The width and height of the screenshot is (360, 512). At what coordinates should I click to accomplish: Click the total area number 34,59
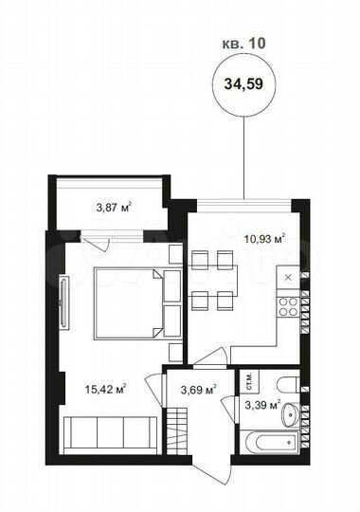tap(243, 82)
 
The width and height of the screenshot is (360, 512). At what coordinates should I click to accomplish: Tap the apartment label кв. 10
tap(243, 43)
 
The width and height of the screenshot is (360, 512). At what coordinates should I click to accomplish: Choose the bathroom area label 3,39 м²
tap(261, 406)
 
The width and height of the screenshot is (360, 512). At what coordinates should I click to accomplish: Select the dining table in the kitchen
tap(209, 281)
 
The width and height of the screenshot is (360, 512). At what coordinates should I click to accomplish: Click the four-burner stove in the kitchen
tap(287, 306)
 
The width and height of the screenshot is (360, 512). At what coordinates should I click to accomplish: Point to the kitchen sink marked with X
tap(287, 278)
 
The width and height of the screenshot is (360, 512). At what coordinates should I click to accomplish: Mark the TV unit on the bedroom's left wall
tap(64, 303)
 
